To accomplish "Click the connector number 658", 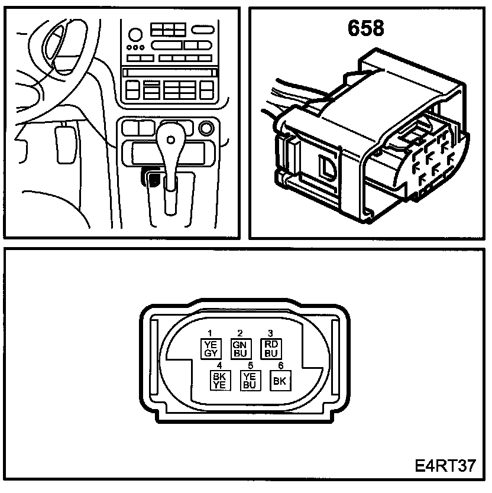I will (x=365, y=28).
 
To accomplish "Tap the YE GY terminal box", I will (x=211, y=349).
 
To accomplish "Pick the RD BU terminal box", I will (x=270, y=349).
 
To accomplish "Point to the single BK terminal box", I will (x=280, y=381).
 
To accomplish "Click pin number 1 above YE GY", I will (x=209, y=333).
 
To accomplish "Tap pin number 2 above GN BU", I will (x=240, y=333).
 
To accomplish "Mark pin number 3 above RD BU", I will (x=270, y=333).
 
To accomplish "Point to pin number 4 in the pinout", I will (x=219, y=365).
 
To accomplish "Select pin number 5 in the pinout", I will (x=250, y=365).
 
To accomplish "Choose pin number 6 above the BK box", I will (x=280, y=365).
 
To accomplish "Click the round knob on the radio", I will (x=136, y=34).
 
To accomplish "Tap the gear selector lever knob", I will (x=171, y=140).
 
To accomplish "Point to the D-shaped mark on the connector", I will (x=326, y=167).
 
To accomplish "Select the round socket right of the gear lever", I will (x=206, y=128).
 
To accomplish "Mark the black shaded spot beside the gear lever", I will (x=154, y=179).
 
